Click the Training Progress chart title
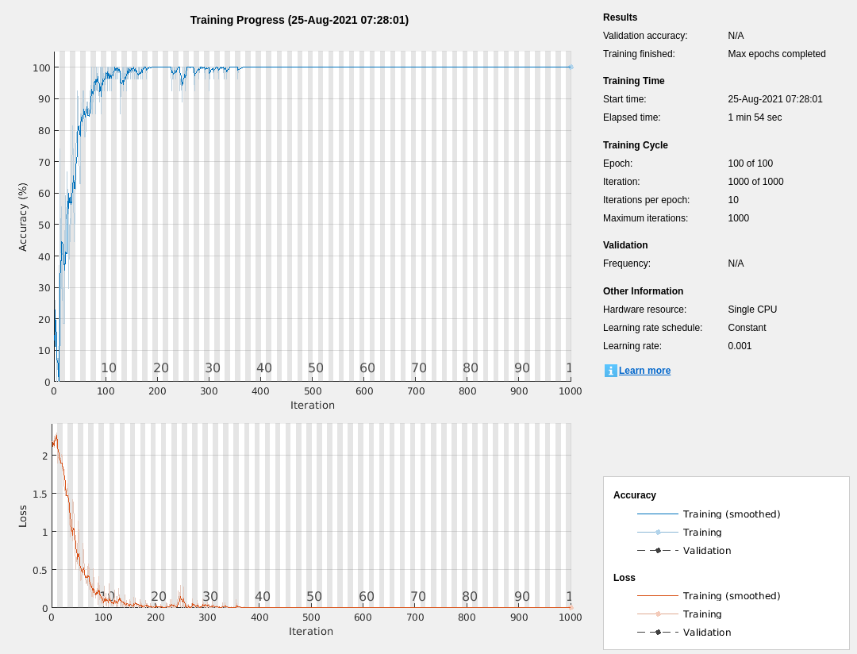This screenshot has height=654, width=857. (299, 20)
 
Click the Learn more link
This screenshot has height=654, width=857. (644, 371)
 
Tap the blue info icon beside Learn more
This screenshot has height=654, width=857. (610, 371)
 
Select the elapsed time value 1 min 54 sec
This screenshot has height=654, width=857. (755, 117)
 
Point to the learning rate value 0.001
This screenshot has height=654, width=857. (740, 346)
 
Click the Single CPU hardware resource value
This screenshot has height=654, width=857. (752, 310)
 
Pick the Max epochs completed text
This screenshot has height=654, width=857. (776, 54)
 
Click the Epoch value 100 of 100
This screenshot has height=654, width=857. (750, 163)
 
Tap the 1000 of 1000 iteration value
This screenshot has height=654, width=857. (755, 182)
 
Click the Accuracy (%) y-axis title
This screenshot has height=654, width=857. (23, 217)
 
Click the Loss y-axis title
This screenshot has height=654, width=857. (23, 516)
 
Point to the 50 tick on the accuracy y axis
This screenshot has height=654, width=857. (44, 225)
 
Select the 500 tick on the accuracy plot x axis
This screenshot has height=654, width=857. (313, 391)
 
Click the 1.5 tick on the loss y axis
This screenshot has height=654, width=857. (38, 494)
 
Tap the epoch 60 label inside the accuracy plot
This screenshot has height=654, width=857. (367, 368)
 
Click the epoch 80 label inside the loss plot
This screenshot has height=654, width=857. (470, 597)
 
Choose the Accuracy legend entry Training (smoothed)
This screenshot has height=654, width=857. (732, 514)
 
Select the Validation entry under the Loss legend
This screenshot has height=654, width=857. (707, 633)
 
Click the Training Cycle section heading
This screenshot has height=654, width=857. (635, 145)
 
